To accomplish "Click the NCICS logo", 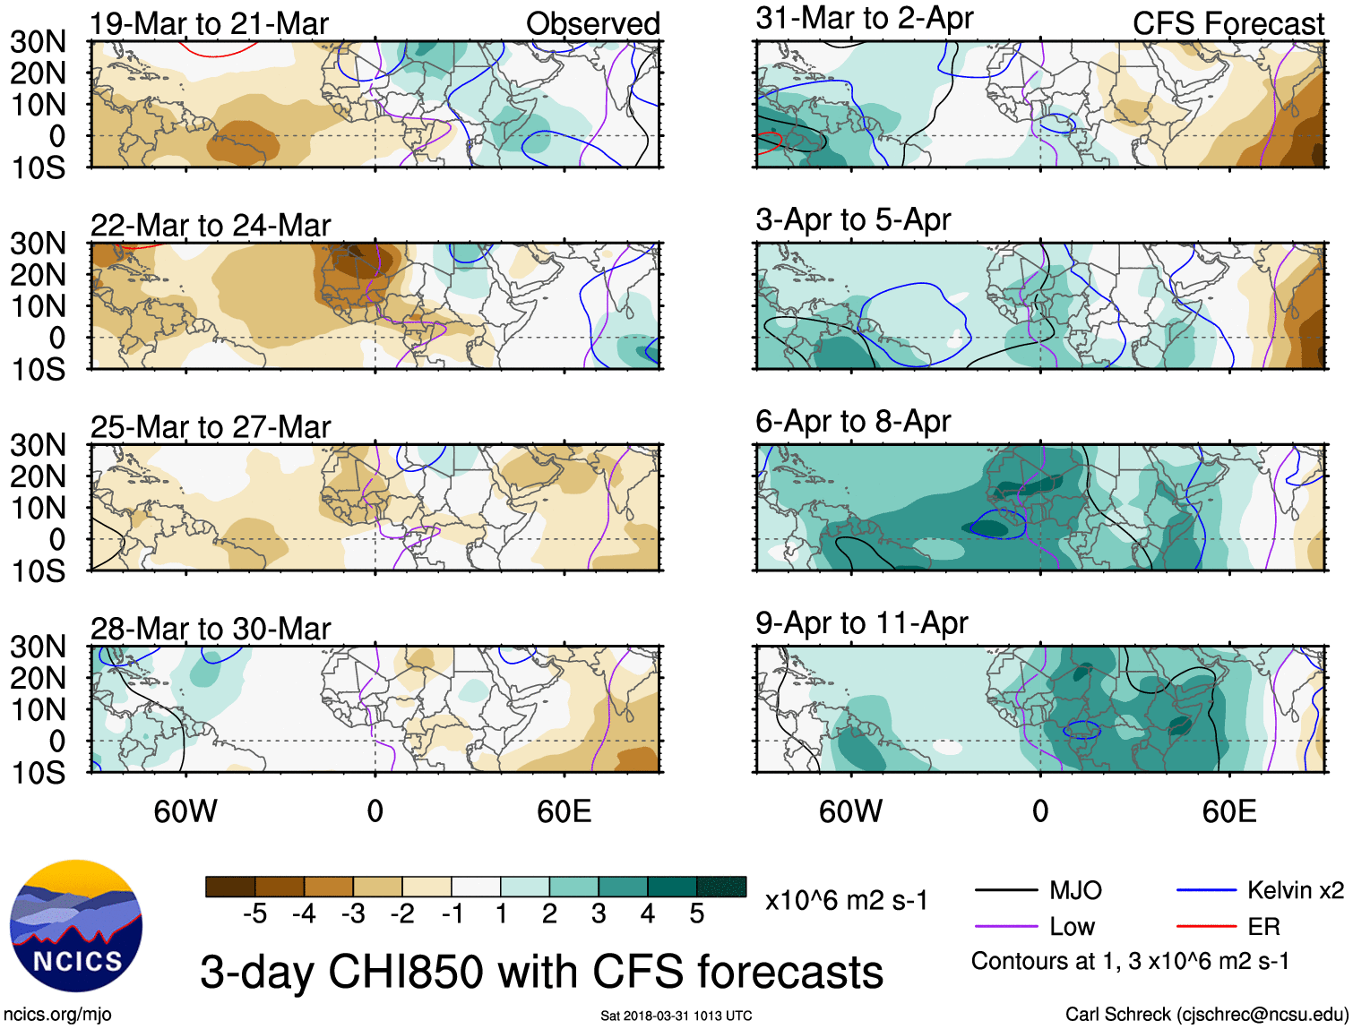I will [x=76, y=926].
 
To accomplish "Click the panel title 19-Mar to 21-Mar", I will [x=210, y=24].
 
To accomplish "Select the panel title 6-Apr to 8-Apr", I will [x=853, y=421].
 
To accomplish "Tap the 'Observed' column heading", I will [x=593, y=24].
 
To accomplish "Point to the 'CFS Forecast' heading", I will [x=1228, y=24].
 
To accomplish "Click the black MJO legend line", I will [x=1005, y=890].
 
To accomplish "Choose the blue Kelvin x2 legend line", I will [x=1206, y=890].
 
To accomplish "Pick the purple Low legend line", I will [x=1005, y=927].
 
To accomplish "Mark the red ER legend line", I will [x=1206, y=927].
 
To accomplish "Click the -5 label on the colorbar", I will [x=254, y=913].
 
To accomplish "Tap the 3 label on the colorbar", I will [x=599, y=913].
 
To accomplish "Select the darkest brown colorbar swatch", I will [x=230, y=887].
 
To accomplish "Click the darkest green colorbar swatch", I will [x=721, y=887].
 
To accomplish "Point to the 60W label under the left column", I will [x=185, y=811].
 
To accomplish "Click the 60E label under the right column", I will [x=1229, y=811].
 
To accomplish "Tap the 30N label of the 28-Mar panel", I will [x=39, y=647].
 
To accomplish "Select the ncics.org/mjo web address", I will [x=57, y=1015].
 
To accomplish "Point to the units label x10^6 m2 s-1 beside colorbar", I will [x=847, y=900].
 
